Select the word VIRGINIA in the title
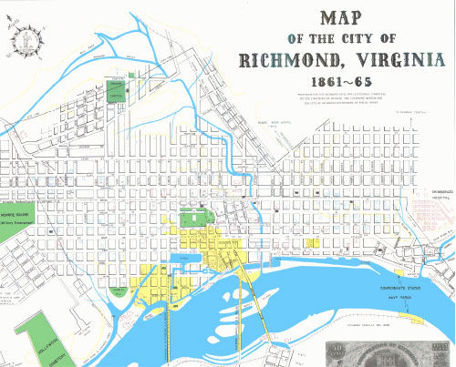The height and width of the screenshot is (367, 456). (x=392, y=62)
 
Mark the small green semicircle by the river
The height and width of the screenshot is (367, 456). (x=119, y=291)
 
